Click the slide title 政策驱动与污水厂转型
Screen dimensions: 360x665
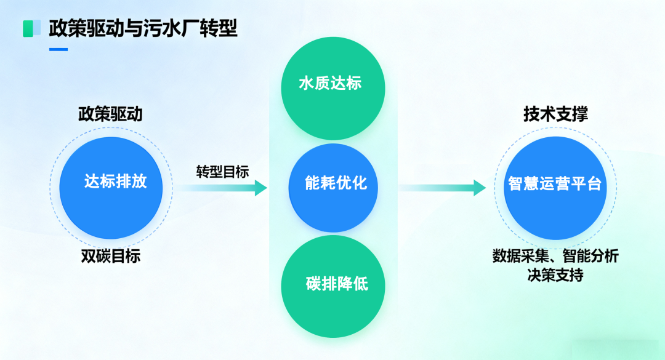[143, 28]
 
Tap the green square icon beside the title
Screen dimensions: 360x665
[28, 28]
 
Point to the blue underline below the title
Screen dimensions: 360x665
[58, 49]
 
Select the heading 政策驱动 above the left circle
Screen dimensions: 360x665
[110, 114]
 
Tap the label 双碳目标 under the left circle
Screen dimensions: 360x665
[111, 256]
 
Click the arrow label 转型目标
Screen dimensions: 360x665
[222, 172]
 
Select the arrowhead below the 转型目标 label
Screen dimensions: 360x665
[260, 188]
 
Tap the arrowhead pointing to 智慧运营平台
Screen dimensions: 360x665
[480, 188]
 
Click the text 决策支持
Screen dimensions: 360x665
[555, 275]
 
